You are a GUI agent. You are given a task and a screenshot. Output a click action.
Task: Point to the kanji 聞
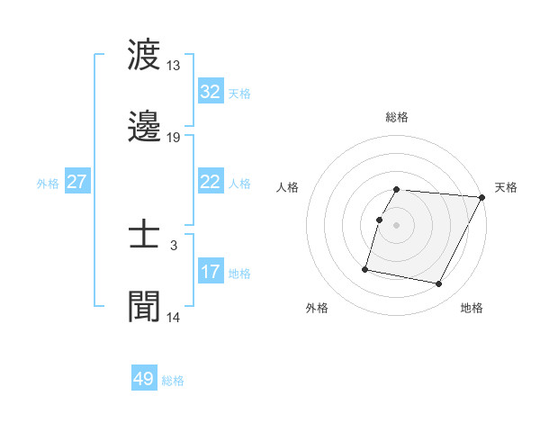point(144,307)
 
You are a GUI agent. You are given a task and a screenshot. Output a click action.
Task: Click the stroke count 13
point(174,66)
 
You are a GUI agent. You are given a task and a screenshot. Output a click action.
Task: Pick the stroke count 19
point(174,138)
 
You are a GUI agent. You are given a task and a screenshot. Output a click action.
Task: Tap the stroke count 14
point(174,318)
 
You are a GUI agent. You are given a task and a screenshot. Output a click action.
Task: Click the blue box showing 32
point(211,92)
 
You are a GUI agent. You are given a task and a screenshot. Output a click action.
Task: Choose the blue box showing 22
point(211,182)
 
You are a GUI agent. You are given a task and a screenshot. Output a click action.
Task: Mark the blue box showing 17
point(211,272)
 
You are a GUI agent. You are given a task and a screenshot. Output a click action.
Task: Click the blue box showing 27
point(77,182)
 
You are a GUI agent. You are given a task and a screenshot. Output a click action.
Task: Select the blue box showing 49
point(144,379)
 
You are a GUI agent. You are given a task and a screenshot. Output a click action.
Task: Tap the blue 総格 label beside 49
point(174,381)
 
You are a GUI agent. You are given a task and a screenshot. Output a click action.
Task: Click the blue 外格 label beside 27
point(48,184)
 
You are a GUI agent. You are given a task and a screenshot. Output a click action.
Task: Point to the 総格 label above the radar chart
point(397,117)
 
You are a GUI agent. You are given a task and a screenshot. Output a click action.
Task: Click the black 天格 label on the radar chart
point(507,187)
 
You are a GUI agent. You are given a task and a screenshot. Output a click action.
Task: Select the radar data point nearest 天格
point(482,197)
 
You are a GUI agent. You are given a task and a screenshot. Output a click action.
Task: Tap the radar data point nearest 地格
point(439,284)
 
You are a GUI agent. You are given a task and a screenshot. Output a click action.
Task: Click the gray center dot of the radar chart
point(397,225)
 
